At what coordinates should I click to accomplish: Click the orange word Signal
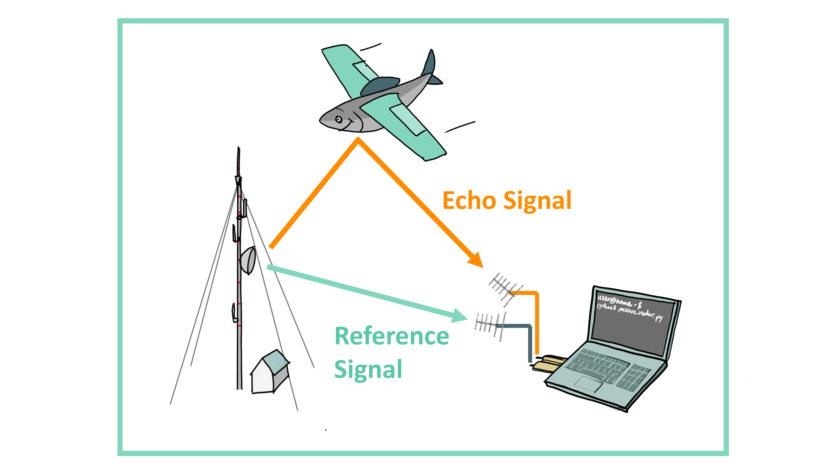537,201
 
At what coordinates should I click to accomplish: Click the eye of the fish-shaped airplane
339,119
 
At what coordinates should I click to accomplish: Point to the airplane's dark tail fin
430,64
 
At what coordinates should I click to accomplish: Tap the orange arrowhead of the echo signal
476,260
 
